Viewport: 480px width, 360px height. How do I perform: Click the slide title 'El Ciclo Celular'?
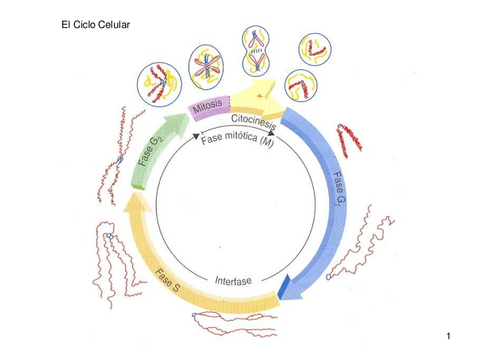pyautogui.click(x=97, y=22)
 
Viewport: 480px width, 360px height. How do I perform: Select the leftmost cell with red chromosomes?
pyautogui.click(x=158, y=83)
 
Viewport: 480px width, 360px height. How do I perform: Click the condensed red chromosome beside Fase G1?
pyautogui.click(x=349, y=141)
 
